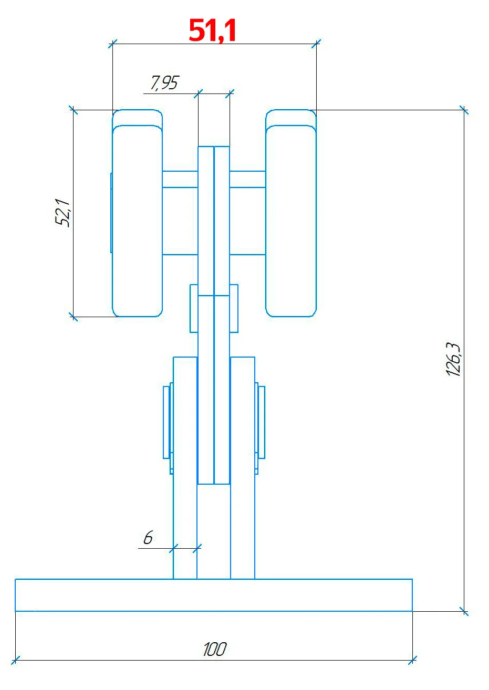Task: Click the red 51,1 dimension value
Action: coord(212,31)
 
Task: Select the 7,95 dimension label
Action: coord(164,83)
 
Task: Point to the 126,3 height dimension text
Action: coord(453,360)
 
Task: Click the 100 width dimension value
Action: coord(214,650)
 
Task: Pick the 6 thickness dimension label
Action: coord(148,538)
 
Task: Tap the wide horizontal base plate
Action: coord(214,595)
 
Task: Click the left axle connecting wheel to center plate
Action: coord(180,179)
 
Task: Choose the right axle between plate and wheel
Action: coord(247,179)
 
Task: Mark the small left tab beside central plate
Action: coord(194,308)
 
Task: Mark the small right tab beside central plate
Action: coord(234,308)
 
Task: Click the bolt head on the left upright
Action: coord(167,422)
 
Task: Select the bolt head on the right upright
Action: coord(261,422)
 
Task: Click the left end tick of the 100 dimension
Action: coord(15,660)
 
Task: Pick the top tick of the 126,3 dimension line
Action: coord(463,110)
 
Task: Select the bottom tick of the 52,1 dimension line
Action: coord(73,317)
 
